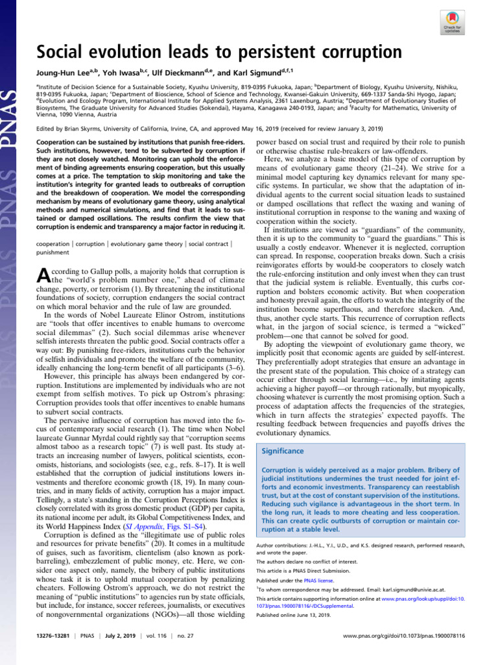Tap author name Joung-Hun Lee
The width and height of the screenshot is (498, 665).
pyautogui.click(x=60, y=73)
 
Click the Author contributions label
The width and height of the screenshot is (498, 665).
pyautogui.click(x=284, y=546)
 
